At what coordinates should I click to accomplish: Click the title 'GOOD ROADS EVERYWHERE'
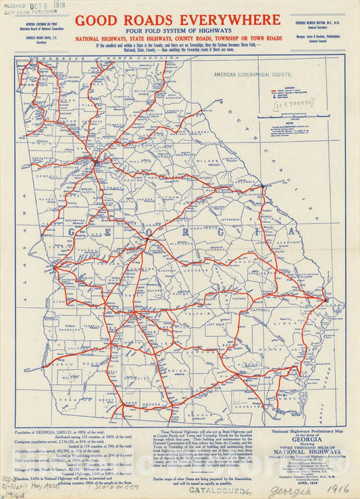(x=178, y=20)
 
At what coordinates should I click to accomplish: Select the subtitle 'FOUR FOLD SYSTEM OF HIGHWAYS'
(x=179, y=31)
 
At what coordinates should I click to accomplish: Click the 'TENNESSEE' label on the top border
(x=54, y=59)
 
